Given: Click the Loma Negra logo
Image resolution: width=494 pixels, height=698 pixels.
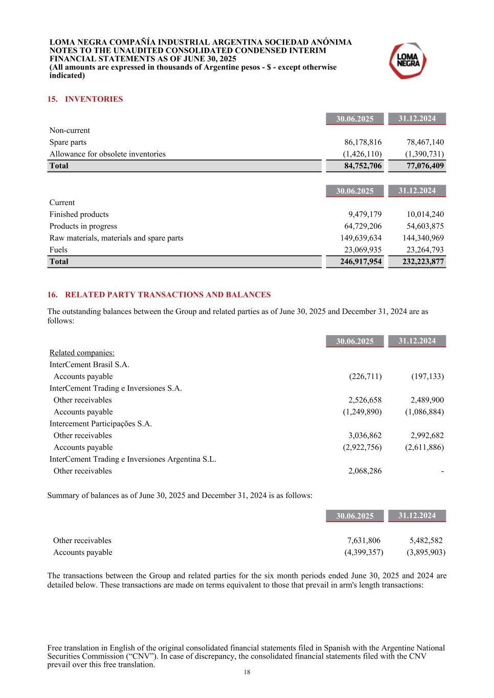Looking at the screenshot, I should tap(408, 61).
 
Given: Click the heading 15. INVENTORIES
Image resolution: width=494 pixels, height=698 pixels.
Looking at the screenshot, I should tap(85, 99).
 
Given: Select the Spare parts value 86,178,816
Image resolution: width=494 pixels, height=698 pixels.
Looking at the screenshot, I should tap(363, 142).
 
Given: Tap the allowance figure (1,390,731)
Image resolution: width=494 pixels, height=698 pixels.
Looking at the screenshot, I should tap(424, 154).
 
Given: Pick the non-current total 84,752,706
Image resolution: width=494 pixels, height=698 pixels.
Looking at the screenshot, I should tap(363, 166).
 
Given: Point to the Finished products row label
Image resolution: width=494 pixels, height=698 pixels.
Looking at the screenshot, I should tap(79, 214).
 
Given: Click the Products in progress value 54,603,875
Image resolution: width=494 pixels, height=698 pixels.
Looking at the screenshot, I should tap(425, 226).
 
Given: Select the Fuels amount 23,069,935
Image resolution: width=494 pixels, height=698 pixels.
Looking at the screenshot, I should tap(363, 250).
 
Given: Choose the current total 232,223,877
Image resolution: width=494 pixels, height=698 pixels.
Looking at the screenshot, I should tap(423, 261).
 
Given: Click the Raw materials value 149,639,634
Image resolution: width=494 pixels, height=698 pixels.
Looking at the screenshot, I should tap(361, 238).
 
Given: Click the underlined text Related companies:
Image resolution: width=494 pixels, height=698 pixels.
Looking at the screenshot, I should tap(82, 353).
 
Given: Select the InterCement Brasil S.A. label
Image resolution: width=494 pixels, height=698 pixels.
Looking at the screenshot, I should tap(89, 365).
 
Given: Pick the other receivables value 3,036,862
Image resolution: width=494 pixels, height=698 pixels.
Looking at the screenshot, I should tap(365, 436).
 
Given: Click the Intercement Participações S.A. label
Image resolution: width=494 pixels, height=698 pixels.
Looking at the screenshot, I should tap(100, 424).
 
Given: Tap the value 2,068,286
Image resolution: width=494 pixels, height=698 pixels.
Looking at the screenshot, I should tap(365, 471).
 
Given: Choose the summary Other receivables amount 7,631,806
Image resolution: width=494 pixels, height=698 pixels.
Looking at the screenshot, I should tap(364, 541).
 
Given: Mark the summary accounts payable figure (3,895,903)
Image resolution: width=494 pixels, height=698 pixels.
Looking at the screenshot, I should tap(426, 552).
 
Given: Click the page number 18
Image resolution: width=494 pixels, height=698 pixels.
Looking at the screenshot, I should tap(247, 672).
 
